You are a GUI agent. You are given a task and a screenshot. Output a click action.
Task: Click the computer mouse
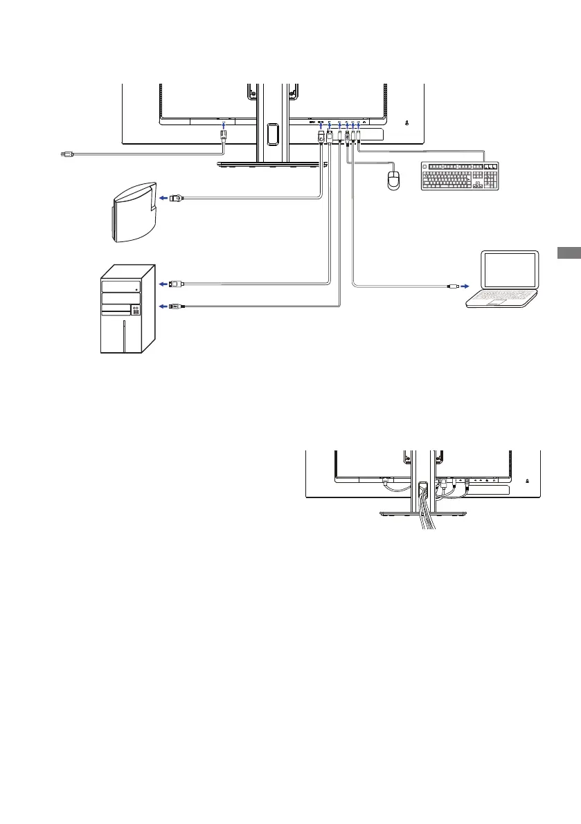tap(394, 181)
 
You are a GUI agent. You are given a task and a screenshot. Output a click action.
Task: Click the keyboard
tap(460, 176)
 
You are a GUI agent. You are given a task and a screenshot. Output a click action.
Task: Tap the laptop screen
tap(511, 272)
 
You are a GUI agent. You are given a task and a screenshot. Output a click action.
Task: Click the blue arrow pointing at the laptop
tap(464, 285)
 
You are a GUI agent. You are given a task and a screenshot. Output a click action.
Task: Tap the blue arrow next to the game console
tap(163, 198)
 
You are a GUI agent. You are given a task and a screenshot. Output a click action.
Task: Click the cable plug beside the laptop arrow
tap(451, 285)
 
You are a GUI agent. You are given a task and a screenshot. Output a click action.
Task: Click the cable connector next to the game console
tap(177, 198)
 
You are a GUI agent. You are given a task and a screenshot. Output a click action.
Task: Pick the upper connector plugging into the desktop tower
tap(176, 283)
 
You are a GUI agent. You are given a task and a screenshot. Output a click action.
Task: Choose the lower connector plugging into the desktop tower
tap(176, 305)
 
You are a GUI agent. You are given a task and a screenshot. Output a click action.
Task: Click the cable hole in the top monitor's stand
tap(271, 133)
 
